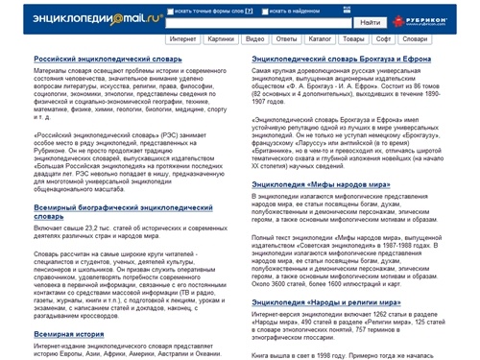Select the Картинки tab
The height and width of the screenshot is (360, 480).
point(220,42)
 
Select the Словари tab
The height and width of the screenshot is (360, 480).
point(421,42)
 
